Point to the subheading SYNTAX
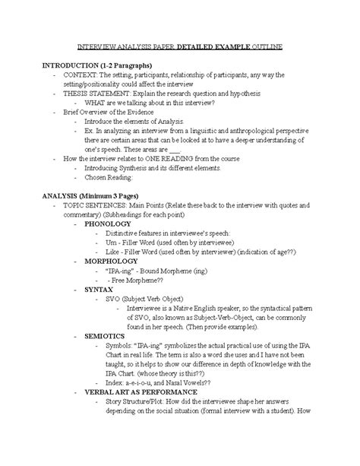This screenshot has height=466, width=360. point(99,290)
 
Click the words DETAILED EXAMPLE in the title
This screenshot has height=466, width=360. point(216,47)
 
